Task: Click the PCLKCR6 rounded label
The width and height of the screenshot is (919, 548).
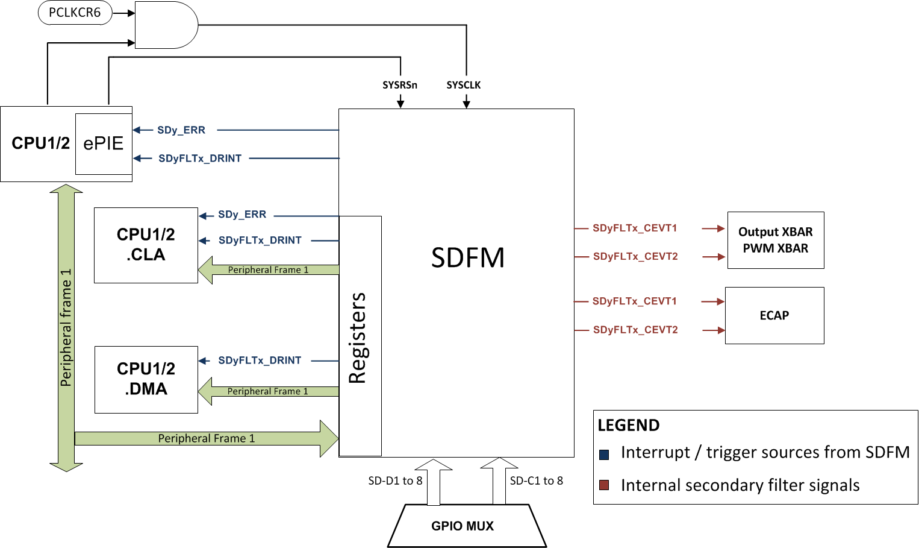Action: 75,13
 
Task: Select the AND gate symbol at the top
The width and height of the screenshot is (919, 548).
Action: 165,25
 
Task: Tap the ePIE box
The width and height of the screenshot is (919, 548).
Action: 104,143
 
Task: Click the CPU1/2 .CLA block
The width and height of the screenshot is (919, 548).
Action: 146,245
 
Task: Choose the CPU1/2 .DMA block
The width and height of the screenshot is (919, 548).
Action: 146,379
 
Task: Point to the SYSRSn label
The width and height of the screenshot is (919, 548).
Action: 400,85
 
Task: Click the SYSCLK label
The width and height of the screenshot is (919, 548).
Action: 464,85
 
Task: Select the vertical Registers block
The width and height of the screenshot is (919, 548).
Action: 360,336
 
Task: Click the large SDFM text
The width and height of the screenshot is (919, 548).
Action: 468,258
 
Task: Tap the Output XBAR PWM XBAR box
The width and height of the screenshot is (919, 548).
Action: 776,240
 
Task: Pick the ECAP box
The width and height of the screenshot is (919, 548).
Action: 774,315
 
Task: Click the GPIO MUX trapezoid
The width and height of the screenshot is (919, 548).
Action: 463,526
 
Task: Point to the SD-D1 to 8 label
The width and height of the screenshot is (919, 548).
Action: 395,480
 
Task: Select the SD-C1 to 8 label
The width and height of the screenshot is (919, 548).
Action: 537,480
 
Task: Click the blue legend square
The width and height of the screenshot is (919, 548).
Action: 604,455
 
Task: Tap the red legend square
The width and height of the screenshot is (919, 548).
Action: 604,485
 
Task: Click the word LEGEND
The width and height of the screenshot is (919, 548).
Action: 629,426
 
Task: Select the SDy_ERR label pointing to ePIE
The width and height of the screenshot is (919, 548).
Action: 181,130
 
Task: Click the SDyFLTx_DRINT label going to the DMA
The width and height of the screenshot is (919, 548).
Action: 260,361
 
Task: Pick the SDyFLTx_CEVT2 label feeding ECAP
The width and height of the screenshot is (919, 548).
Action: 635,330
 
